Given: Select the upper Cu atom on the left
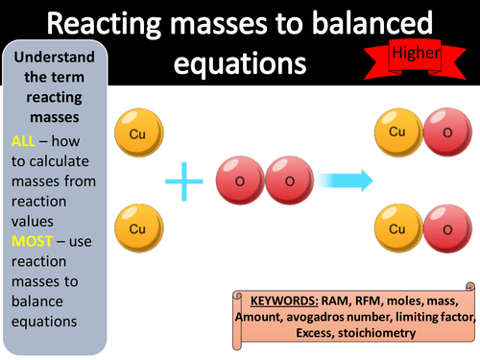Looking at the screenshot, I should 132,132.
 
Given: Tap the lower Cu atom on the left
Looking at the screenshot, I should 132,229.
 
